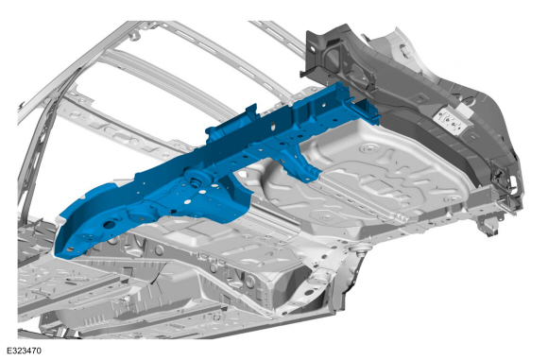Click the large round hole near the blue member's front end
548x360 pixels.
pyautogui.click(x=110, y=224)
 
